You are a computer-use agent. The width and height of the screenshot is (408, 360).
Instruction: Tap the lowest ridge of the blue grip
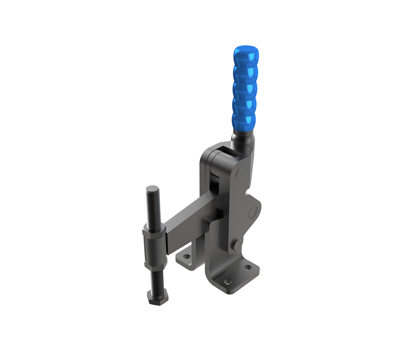(243, 119)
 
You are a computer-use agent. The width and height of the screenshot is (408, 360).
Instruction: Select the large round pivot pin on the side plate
(253, 211)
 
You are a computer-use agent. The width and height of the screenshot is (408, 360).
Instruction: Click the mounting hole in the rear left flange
(186, 258)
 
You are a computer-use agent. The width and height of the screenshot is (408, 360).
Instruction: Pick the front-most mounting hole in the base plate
(227, 282)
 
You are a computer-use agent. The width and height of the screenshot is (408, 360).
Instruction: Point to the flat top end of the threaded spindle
(152, 189)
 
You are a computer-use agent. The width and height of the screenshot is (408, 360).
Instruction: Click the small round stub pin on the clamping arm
(208, 221)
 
